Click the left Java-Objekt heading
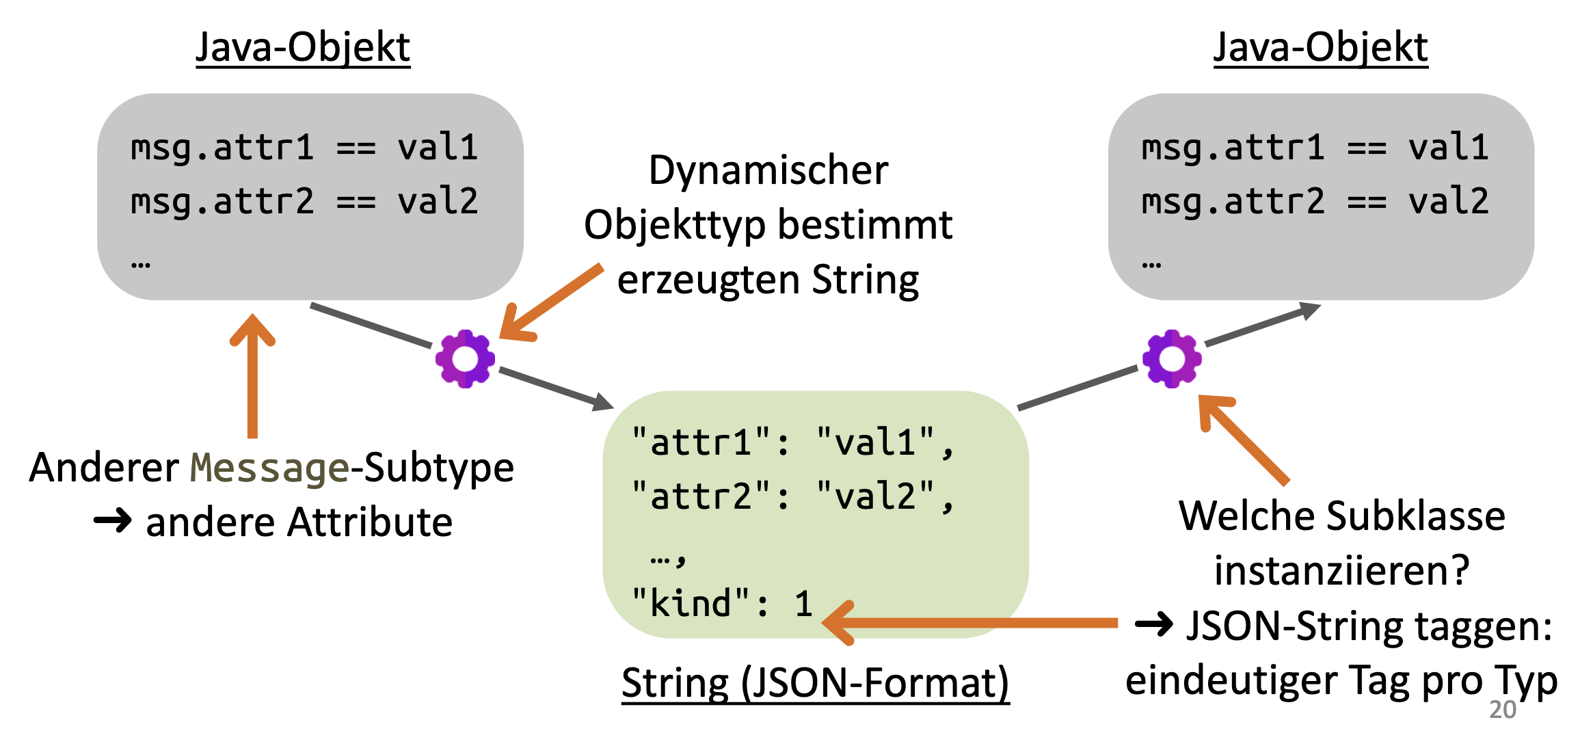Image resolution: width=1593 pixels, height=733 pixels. click(x=303, y=48)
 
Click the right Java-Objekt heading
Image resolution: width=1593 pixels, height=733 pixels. click(x=1320, y=48)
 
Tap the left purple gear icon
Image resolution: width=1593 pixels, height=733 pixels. click(x=465, y=359)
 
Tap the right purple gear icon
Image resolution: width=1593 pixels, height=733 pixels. click(x=1172, y=359)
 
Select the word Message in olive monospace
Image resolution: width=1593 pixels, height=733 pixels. click(x=269, y=469)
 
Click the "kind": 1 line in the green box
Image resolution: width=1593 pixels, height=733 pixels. click(x=722, y=604)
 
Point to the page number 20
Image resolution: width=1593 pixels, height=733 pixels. click(x=1503, y=710)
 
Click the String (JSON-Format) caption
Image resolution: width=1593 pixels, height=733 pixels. click(x=815, y=683)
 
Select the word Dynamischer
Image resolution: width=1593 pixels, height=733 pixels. click(x=768, y=170)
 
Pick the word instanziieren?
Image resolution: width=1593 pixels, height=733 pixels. click(x=1341, y=570)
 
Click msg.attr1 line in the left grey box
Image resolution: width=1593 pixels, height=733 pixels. click(x=304, y=148)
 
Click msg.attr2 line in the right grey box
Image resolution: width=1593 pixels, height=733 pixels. click(x=1315, y=202)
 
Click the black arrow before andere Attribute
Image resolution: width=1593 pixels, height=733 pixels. click(x=113, y=522)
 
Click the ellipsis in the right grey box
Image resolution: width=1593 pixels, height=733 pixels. click(x=1151, y=264)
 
